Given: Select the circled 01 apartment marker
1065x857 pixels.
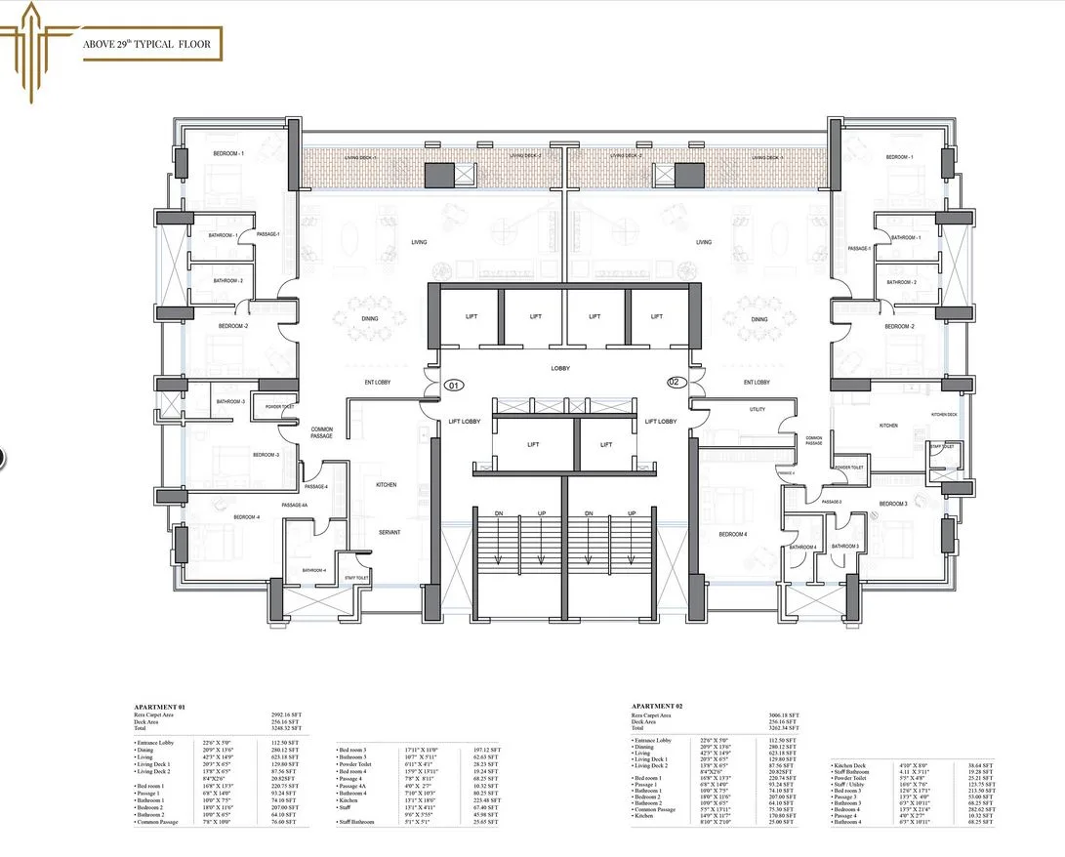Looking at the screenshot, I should pos(453,386).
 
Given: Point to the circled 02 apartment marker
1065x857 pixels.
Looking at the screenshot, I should pos(673,382).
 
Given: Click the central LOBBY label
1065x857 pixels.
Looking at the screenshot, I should pos(560,368).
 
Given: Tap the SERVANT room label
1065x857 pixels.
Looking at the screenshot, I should pos(390,532).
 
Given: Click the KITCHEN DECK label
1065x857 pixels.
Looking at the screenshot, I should pos(943,415).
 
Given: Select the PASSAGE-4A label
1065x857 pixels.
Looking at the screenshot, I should pos(294,505).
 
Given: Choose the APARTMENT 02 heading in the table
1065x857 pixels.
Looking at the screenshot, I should pos(659,705).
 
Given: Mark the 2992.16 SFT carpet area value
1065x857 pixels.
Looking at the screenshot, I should pos(286,714).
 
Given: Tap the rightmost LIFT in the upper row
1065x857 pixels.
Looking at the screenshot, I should pos(657,316).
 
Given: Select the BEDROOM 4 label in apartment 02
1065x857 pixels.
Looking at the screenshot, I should pos(733,534).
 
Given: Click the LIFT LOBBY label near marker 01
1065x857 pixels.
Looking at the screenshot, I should pos(464,422).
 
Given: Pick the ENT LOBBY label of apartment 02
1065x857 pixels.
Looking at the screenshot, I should pos(757,382).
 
